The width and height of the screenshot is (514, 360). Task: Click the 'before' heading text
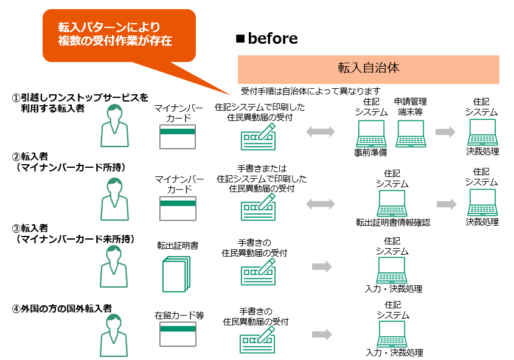pos(273,39)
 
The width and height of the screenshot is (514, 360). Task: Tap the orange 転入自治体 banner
pos(368,69)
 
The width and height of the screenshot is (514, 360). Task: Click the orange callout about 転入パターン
pos(116,35)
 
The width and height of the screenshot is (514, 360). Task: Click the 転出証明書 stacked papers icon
pos(176,273)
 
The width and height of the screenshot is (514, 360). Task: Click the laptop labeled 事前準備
pos(370,134)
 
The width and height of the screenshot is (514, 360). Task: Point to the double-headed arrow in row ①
pos(320,131)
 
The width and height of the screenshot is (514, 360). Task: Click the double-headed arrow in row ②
pos(320,204)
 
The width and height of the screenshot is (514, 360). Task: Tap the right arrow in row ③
pos(321,266)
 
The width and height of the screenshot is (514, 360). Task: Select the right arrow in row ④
pos(321,334)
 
